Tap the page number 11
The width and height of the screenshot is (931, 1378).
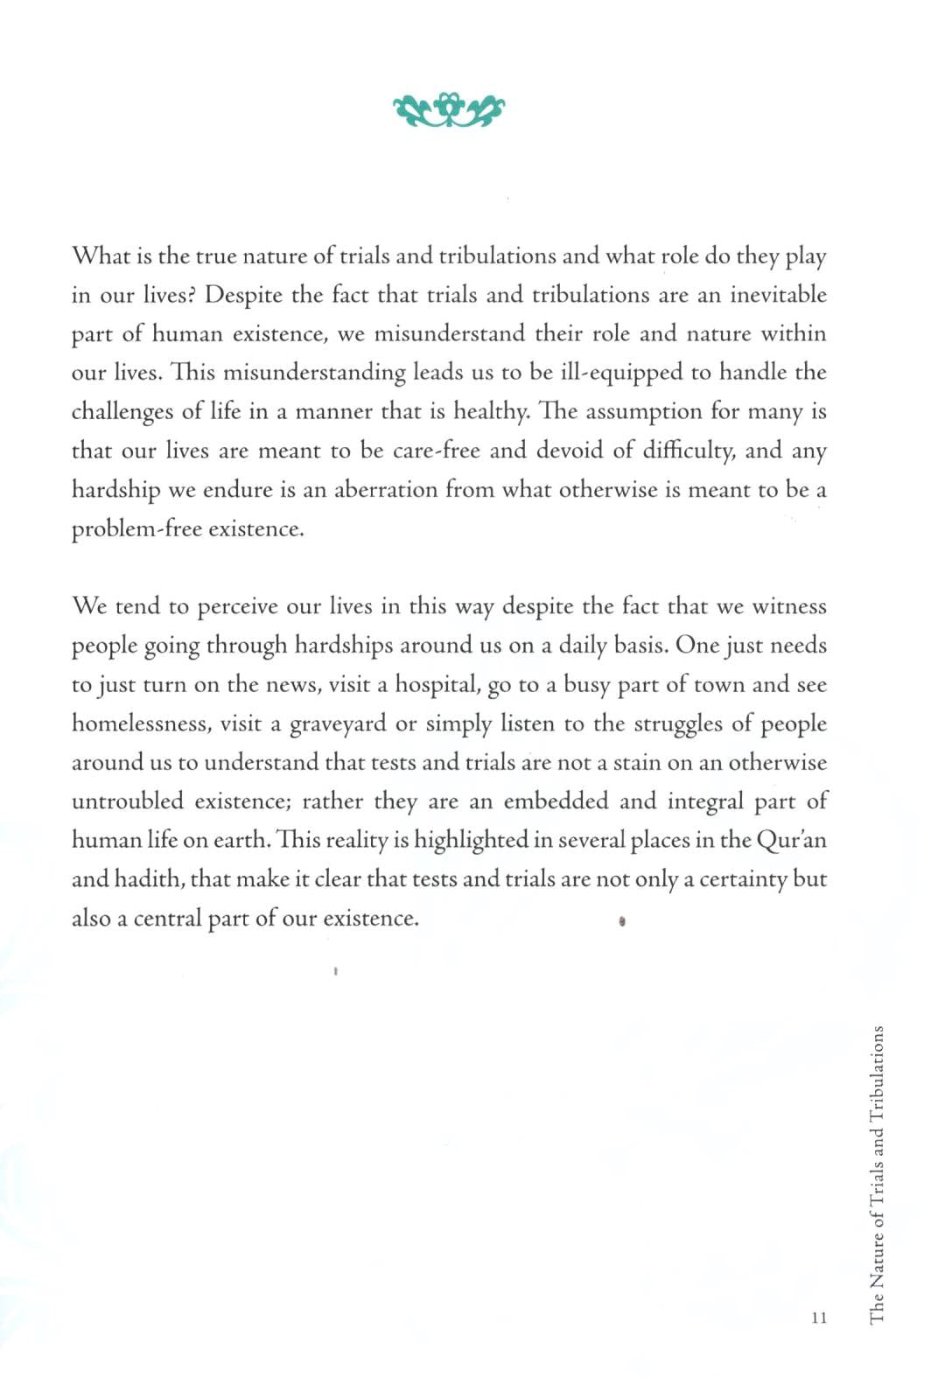[819, 1317]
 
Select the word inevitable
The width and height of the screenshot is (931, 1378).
[779, 295]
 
